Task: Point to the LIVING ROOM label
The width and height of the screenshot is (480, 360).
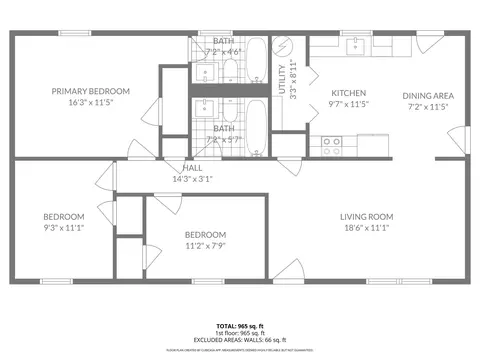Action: coord(366,217)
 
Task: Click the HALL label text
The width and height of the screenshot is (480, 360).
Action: coord(193,168)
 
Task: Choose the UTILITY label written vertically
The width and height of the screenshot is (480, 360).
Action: coord(283,81)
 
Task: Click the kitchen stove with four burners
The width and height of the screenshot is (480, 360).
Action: coord(331,143)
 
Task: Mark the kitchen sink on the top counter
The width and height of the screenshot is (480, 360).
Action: coord(355,45)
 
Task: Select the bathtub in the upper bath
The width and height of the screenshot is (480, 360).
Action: coord(256,59)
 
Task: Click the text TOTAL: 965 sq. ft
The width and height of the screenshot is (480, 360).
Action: coord(240,326)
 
